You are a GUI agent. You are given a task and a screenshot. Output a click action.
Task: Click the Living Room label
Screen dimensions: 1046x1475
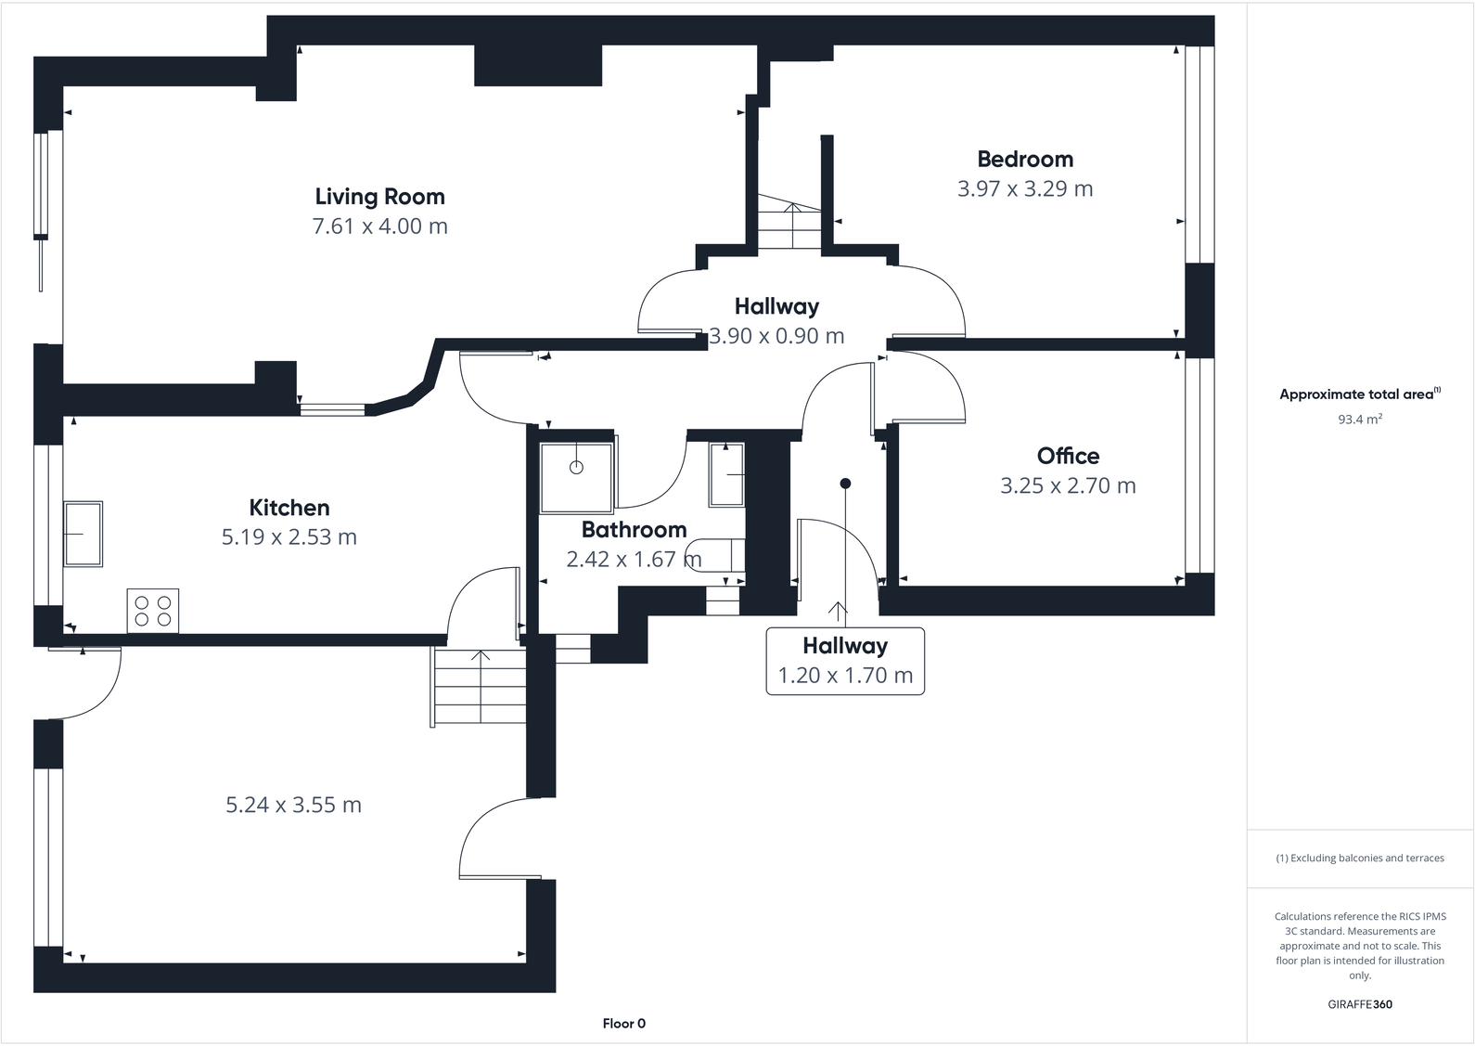pyautogui.click(x=379, y=197)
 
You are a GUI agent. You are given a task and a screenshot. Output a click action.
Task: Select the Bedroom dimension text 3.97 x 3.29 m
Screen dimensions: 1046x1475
pyautogui.click(x=1024, y=189)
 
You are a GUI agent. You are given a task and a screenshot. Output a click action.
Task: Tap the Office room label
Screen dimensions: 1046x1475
pyautogui.click(x=1068, y=456)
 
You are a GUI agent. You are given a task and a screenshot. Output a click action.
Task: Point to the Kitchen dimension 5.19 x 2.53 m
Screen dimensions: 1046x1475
pyautogui.click(x=289, y=537)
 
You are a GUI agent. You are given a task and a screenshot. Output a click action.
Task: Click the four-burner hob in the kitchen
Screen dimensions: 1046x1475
pyautogui.click(x=153, y=611)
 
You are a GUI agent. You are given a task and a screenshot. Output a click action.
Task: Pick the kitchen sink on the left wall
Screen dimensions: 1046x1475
pyautogui.click(x=83, y=534)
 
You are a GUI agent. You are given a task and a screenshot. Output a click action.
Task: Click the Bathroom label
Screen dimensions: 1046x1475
pyautogui.click(x=634, y=530)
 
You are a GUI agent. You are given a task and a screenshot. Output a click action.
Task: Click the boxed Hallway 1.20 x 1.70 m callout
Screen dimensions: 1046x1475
pyautogui.click(x=845, y=661)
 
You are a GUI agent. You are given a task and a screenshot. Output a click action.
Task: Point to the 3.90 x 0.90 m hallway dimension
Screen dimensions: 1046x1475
pyautogui.click(x=776, y=336)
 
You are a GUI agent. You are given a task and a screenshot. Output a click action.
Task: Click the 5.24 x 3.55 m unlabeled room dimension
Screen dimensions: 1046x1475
pyautogui.click(x=293, y=805)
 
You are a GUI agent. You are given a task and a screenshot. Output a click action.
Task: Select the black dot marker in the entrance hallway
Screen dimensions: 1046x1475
pyautogui.click(x=845, y=484)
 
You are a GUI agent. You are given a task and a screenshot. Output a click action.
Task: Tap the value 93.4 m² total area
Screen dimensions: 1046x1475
pyautogui.click(x=1359, y=420)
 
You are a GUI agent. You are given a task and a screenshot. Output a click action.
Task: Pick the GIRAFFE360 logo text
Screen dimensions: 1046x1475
pyautogui.click(x=1359, y=1004)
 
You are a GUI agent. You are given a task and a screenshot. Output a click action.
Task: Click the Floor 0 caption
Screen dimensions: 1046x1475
pyautogui.click(x=623, y=1024)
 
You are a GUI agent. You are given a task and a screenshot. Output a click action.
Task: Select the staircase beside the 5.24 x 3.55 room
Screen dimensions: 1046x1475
pyautogui.click(x=480, y=687)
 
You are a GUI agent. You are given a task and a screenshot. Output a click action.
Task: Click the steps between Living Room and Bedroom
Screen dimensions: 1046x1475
pyautogui.click(x=789, y=223)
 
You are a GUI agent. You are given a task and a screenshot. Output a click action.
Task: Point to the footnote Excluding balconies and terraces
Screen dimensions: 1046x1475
pyautogui.click(x=1359, y=859)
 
